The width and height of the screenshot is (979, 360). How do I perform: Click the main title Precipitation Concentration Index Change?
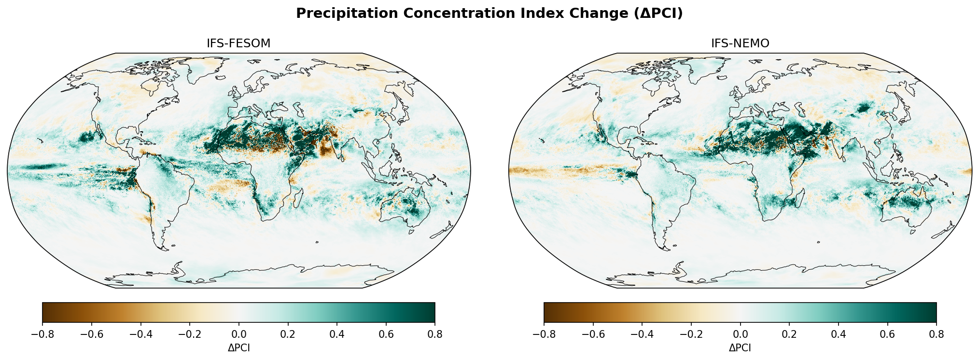coord(489,14)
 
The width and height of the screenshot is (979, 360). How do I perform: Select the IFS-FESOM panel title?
coord(238,43)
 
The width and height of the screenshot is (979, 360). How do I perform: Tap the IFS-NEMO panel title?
coord(740,43)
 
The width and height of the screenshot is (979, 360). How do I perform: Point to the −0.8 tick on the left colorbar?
coord(42,334)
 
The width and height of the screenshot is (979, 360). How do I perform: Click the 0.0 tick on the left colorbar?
coord(238,334)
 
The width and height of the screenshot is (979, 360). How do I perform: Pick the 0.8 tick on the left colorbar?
coord(435,334)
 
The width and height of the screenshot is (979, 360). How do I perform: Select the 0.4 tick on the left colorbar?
coord(337,334)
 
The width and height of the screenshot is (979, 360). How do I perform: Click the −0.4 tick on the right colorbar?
coord(642,334)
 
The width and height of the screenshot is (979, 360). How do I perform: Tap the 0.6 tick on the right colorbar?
coord(887,334)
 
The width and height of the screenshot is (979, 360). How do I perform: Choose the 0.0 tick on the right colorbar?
coord(740,334)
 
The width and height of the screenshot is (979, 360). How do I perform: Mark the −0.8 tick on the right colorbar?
coord(544,334)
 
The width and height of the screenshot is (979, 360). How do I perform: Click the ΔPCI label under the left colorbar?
coord(238,348)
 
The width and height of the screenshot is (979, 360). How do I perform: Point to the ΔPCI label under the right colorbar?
coord(740,348)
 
